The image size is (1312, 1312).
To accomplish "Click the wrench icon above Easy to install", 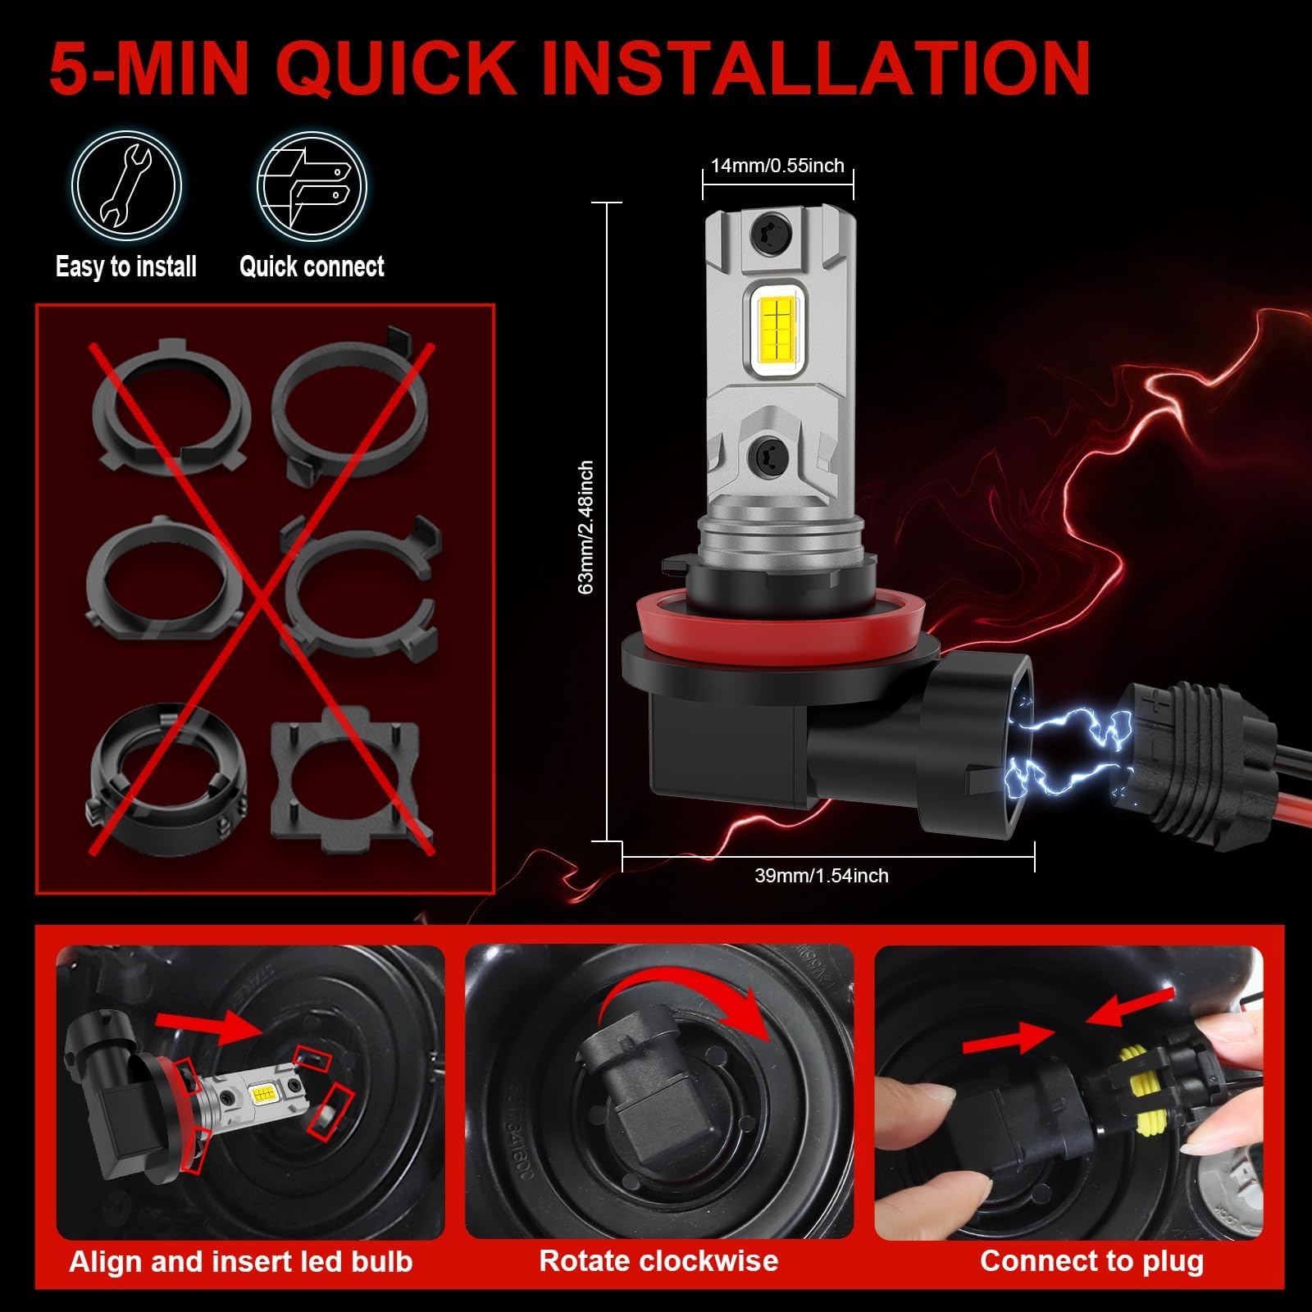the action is click(x=125, y=187).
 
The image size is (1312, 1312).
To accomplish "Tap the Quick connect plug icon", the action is click(x=312, y=187).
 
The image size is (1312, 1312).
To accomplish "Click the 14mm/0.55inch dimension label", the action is click(x=777, y=166).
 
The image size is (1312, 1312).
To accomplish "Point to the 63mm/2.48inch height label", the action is click(x=586, y=526).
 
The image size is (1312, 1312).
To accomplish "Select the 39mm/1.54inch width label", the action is click(x=822, y=876).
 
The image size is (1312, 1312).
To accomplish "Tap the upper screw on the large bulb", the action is click(x=772, y=235).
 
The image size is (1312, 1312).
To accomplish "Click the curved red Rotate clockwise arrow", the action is click(x=697, y=988).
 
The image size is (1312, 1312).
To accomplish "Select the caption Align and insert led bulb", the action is click(x=241, y=1260).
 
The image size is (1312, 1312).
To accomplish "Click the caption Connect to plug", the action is click(x=1091, y=1260).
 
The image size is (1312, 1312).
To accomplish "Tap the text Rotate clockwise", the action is click(x=658, y=1260).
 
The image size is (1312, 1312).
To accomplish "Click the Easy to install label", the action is click(x=126, y=266).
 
